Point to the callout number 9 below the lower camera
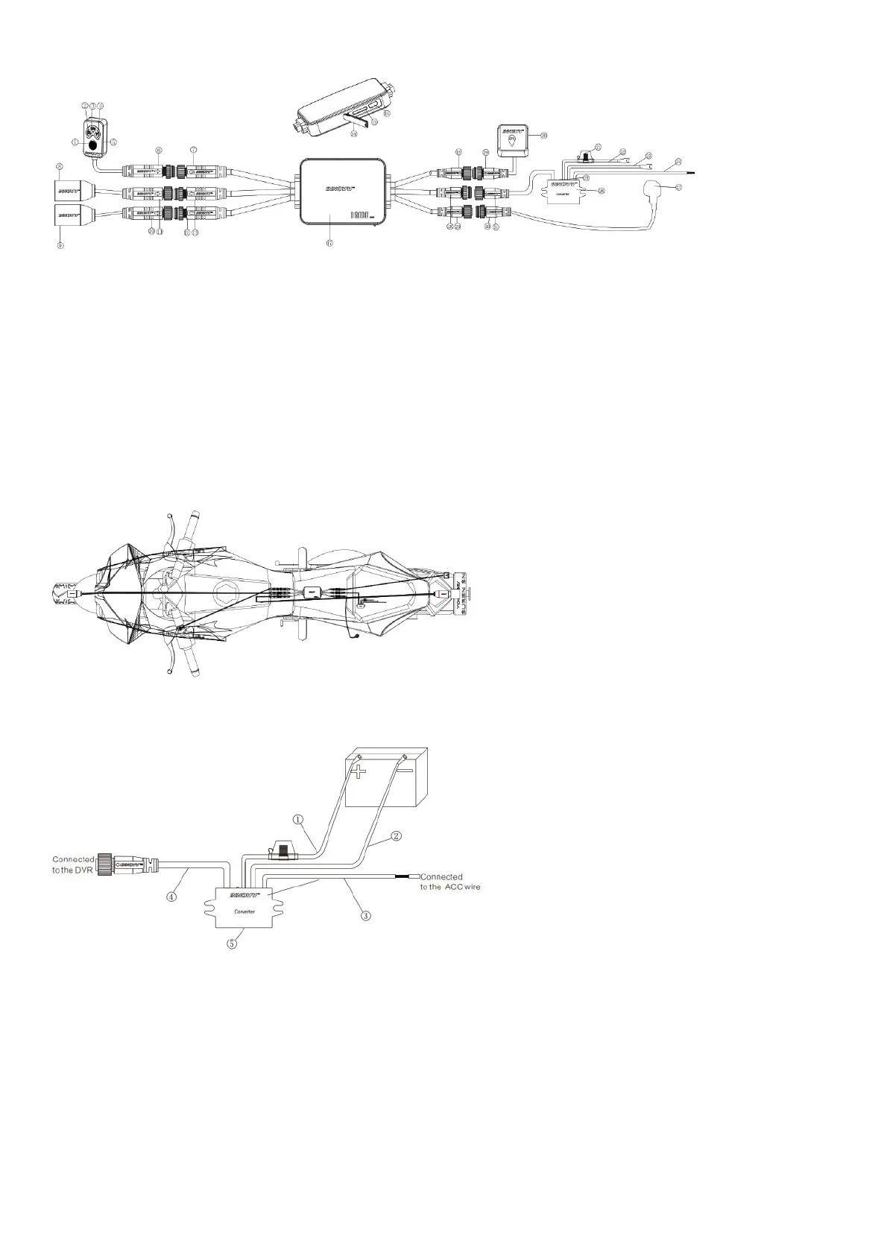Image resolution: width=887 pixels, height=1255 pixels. coord(61,245)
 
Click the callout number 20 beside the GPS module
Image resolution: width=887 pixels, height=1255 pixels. coord(543,136)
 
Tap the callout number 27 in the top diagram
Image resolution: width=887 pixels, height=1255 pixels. coord(678,187)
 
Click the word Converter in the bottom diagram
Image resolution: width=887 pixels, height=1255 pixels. coord(244,911)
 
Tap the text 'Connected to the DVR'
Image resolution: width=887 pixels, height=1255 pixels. coord(73,864)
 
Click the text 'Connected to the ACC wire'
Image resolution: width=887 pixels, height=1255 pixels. coord(446,882)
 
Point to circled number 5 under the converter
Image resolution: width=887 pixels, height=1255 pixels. coord(233,943)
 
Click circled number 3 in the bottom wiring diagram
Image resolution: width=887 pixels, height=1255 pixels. coord(365,915)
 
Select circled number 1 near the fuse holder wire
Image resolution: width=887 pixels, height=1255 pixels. coord(297,820)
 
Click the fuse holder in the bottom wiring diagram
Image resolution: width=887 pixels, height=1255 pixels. coord(282,852)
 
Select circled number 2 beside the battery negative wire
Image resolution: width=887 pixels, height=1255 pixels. coord(397,835)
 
